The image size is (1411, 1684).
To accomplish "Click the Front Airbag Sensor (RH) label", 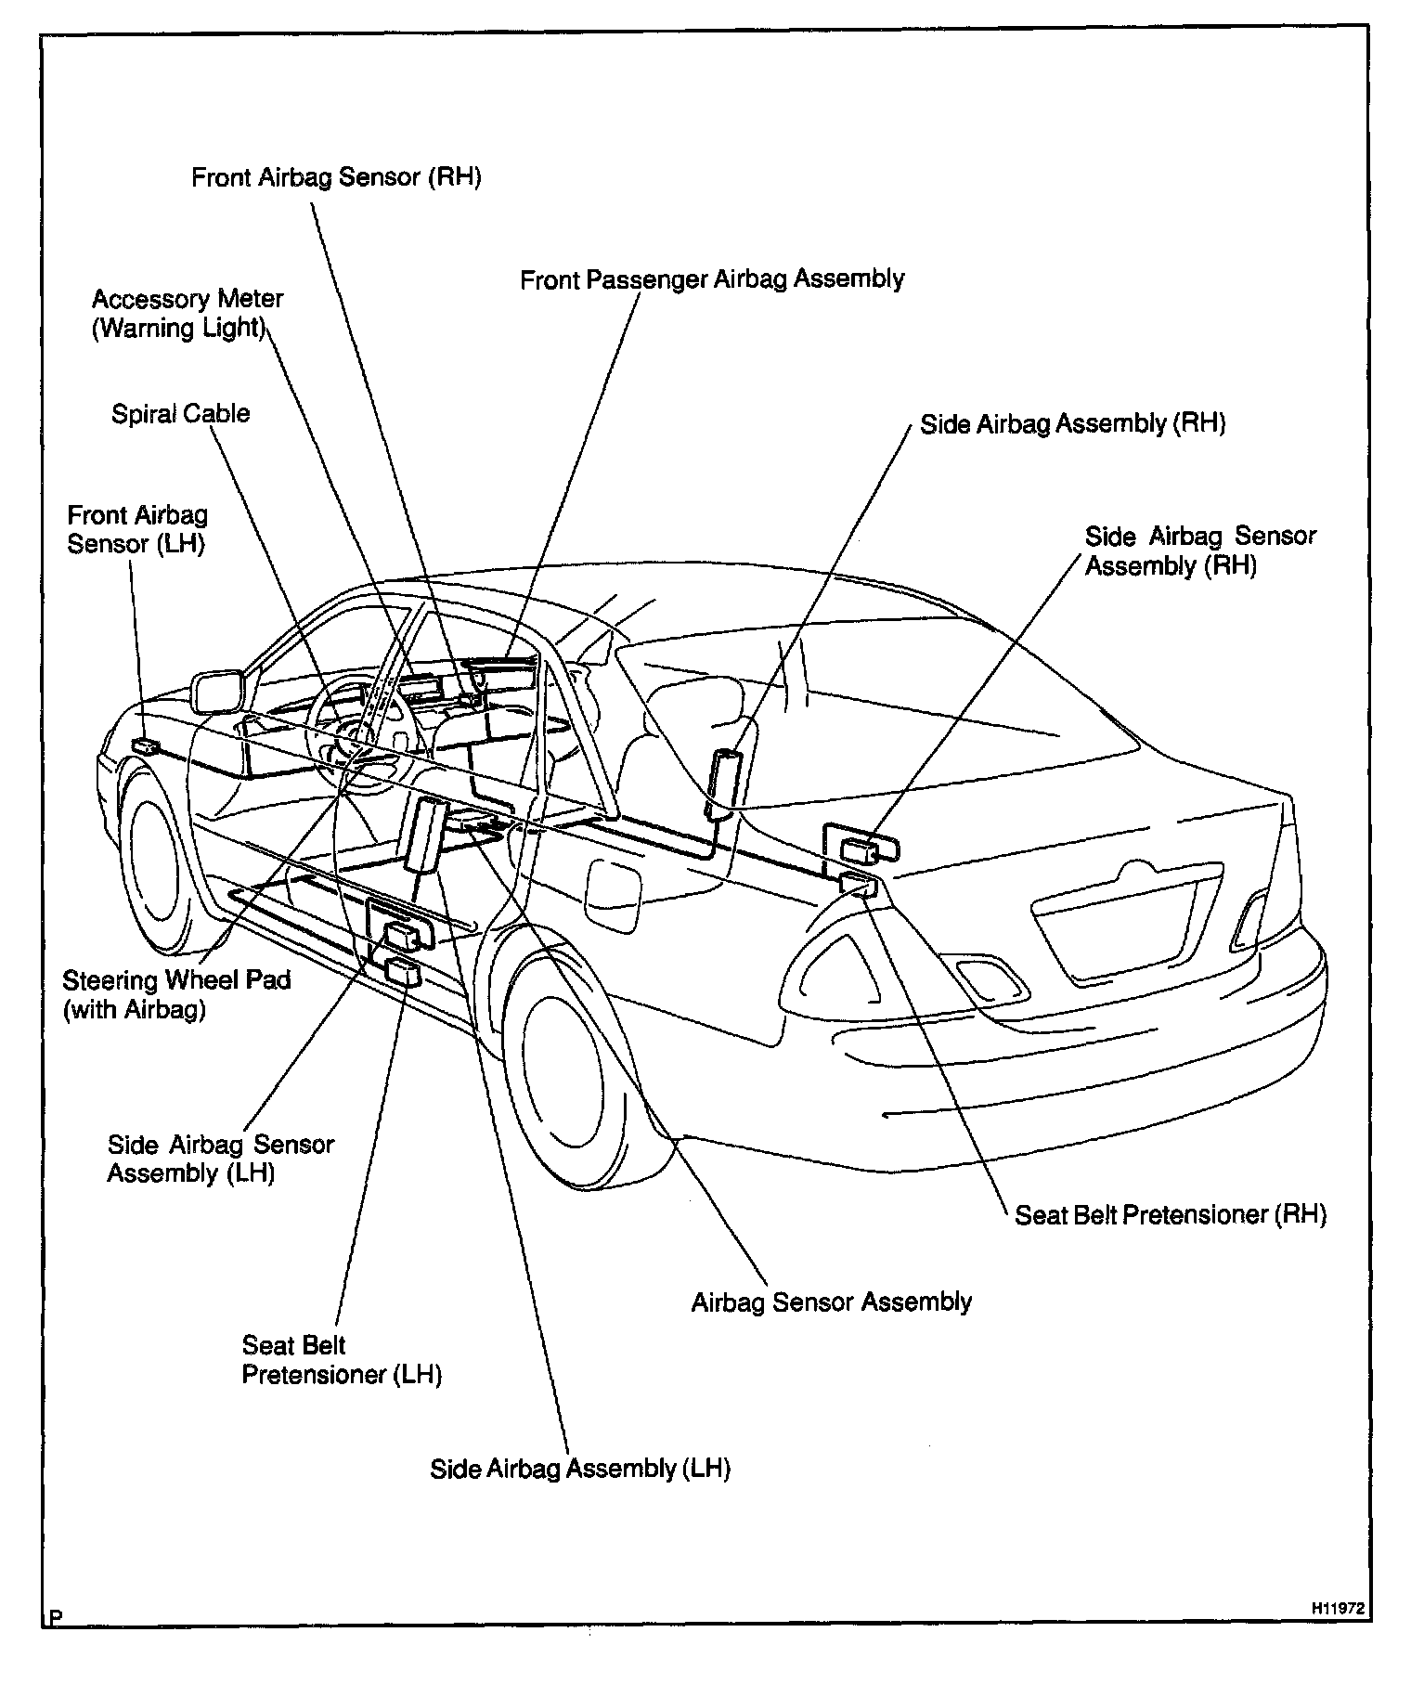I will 336,177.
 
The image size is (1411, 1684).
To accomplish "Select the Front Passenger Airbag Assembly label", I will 712,279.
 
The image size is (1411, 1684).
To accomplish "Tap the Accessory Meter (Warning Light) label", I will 187,314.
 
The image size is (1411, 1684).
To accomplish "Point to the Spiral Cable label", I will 180,413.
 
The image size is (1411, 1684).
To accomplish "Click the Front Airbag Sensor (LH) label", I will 136,529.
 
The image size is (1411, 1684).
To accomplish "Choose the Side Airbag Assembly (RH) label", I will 1072,424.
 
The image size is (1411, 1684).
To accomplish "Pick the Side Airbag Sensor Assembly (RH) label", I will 1199,551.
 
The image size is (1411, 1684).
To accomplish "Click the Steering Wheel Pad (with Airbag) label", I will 176,994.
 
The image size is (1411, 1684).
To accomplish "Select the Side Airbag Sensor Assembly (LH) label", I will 220,1158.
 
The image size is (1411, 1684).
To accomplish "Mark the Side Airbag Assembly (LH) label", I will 579,1469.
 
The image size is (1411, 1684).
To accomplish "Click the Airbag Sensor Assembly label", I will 831,1302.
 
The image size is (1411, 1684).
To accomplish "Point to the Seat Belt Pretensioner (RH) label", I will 1170,1215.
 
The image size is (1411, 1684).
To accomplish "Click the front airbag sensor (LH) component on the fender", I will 146,745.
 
